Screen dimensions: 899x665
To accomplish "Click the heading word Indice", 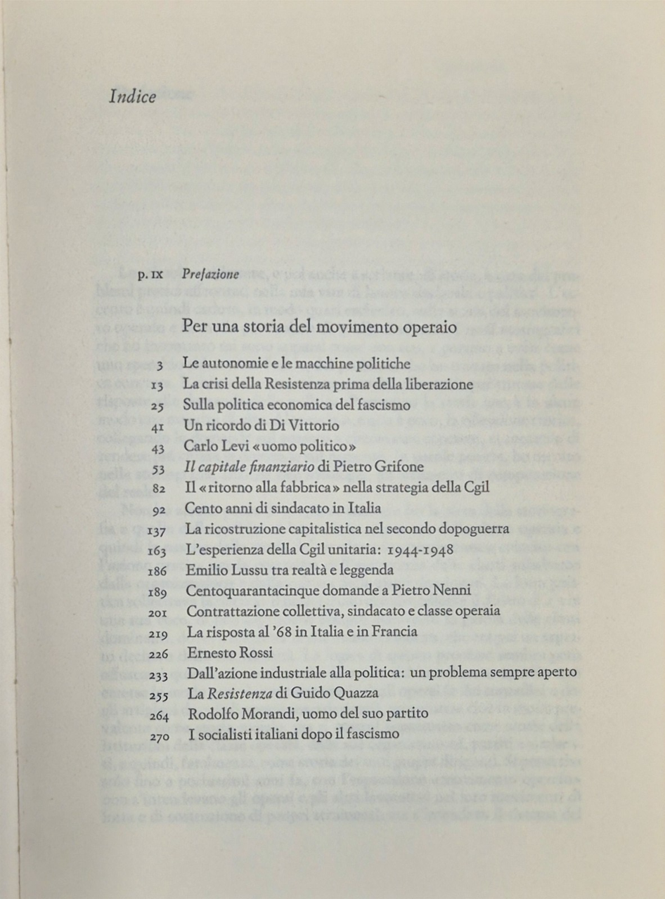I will click(132, 97).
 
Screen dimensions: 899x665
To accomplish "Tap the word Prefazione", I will click(210, 274).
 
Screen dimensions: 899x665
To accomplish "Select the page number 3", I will click(160, 365).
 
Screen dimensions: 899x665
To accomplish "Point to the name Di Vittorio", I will click(309, 425).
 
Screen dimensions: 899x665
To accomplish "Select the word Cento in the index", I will click(203, 508).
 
